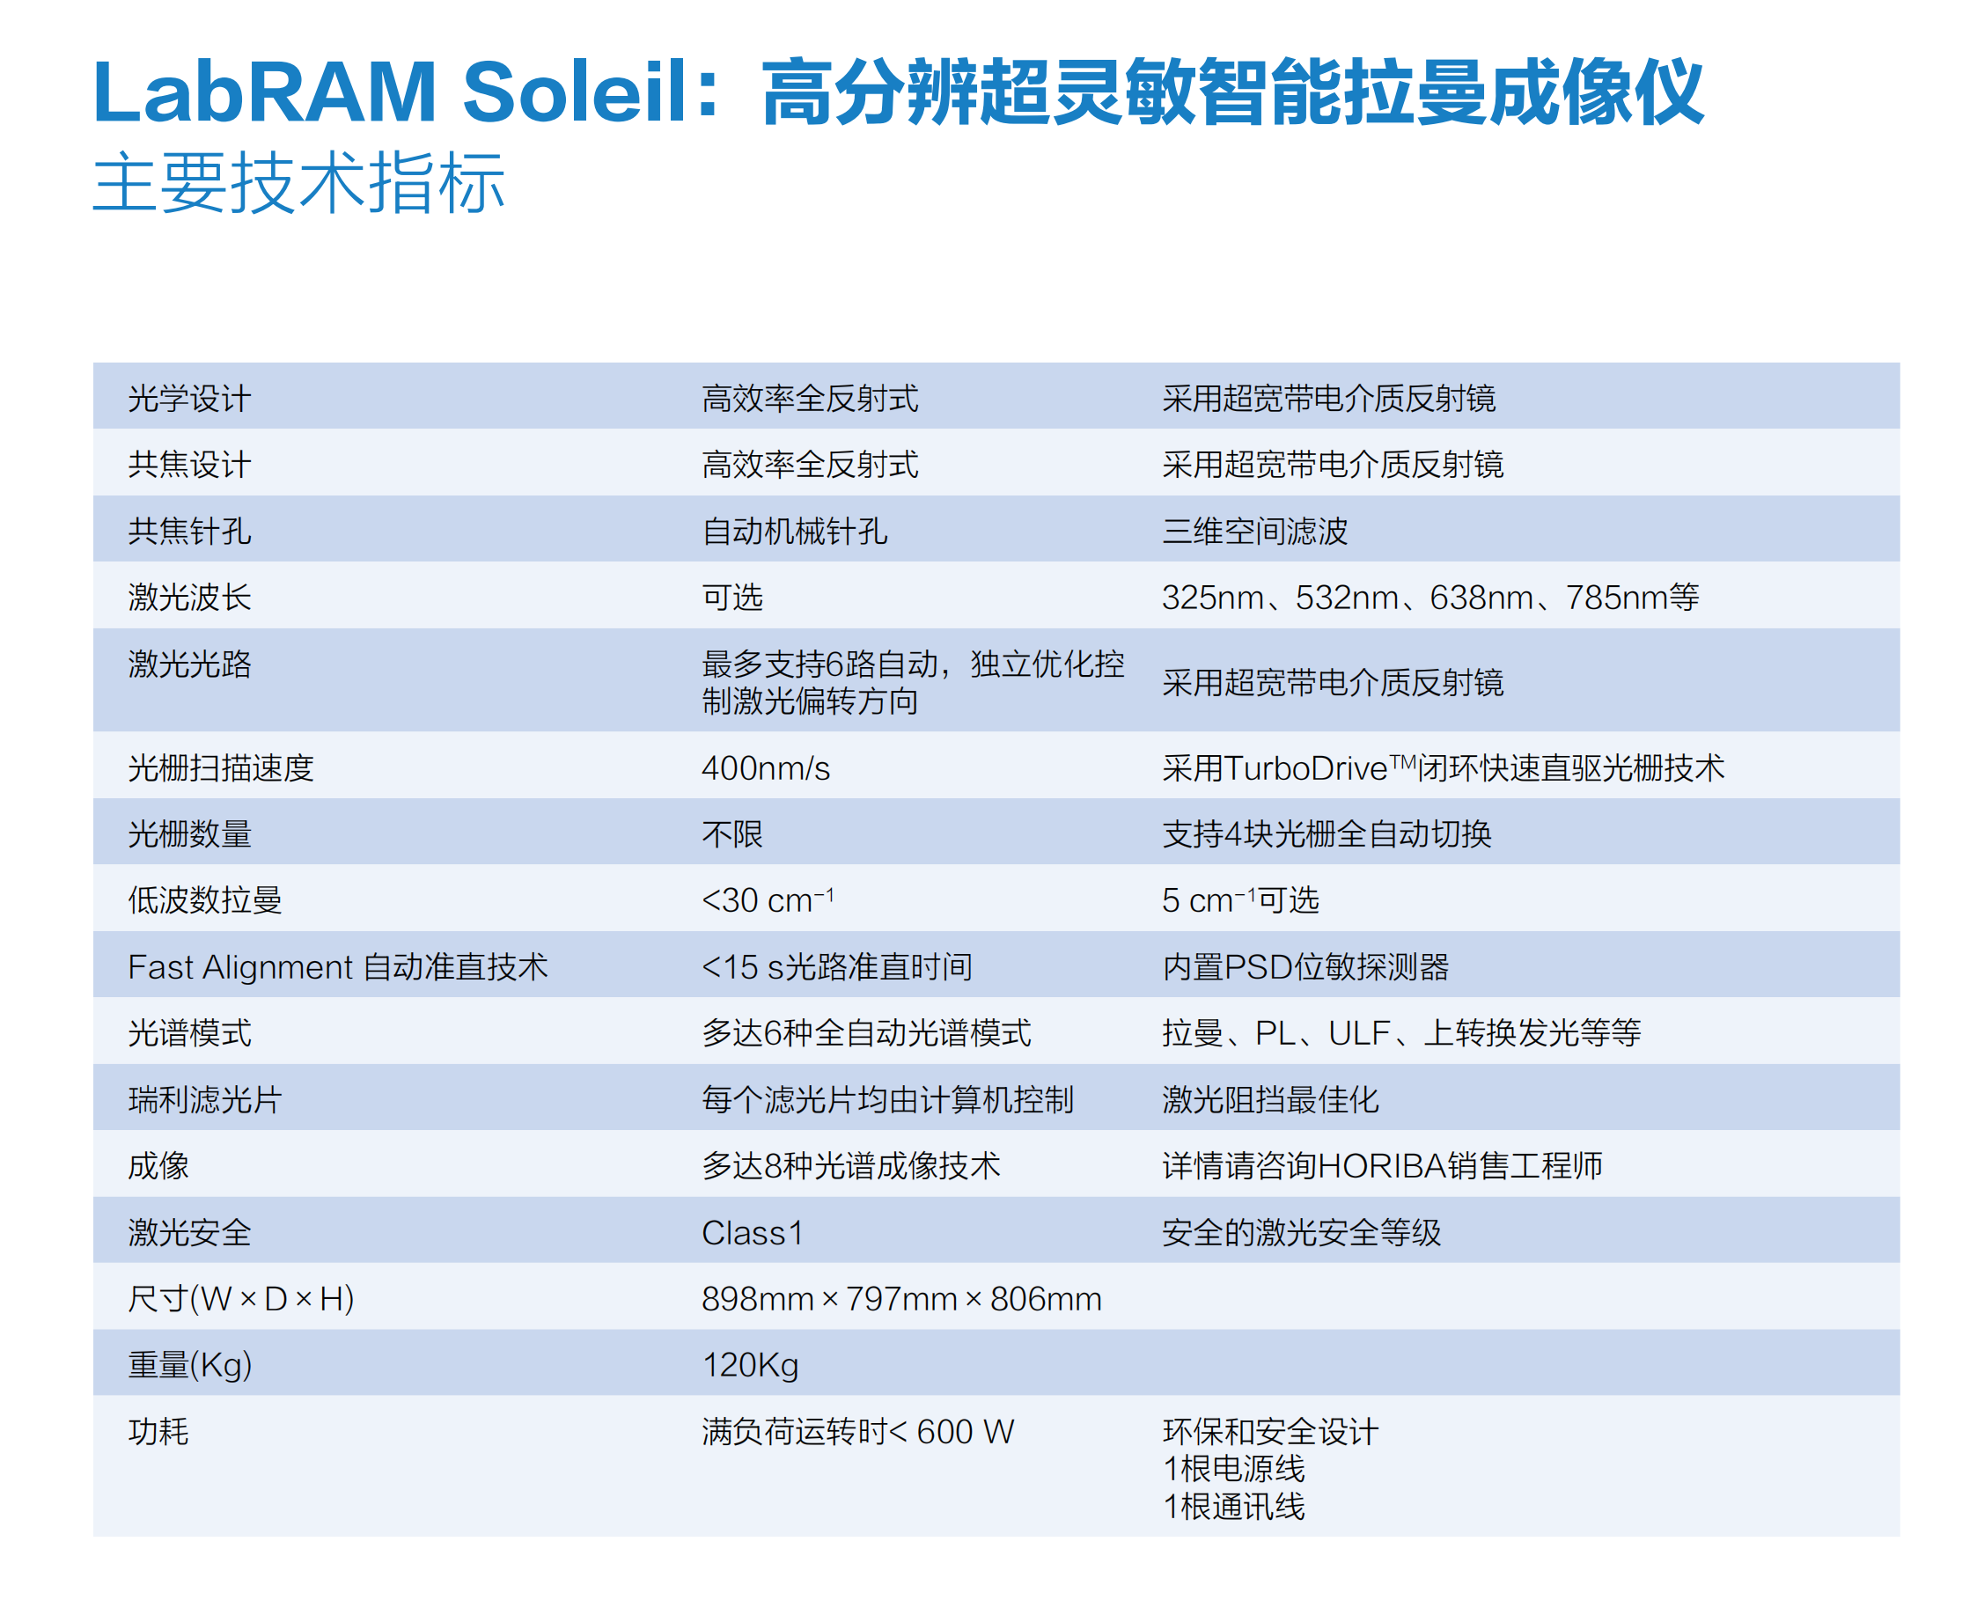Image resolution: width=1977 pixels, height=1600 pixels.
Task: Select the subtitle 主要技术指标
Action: [298, 182]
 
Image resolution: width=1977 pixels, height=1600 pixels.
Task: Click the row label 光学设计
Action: [189, 398]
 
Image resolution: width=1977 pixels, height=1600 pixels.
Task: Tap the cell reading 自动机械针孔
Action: [794, 531]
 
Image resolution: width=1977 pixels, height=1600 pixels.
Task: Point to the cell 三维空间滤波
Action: [1253, 531]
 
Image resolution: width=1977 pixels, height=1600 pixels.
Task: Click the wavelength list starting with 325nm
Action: [1429, 598]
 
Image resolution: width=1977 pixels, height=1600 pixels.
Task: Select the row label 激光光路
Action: [189, 664]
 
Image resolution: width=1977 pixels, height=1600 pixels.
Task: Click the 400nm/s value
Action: [765, 767]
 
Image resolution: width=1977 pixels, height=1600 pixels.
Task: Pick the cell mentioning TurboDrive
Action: [1443, 767]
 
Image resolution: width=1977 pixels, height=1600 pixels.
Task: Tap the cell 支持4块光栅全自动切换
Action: [1327, 833]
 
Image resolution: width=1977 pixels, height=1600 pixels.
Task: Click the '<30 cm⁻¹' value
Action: [767, 899]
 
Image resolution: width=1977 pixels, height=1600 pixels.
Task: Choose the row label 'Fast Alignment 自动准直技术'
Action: [337, 967]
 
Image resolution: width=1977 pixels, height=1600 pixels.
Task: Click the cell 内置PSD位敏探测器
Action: [1305, 967]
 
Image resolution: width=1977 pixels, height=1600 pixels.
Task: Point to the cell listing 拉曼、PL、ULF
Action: [1401, 1033]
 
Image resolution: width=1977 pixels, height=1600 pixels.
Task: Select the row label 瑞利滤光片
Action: [204, 1099]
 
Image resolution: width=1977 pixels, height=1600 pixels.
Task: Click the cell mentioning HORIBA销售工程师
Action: [1382, 1166]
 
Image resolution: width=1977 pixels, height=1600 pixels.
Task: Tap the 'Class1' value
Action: [752, 1232]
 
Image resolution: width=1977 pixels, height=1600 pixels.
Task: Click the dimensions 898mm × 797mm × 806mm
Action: [901, 1299]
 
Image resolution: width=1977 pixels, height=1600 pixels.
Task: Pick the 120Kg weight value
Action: [750, 1365]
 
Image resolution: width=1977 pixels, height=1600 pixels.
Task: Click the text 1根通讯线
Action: [1234, 1507]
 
